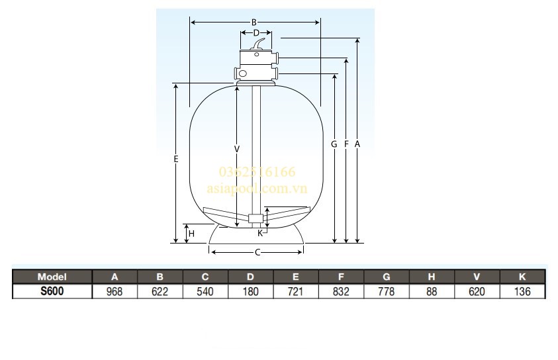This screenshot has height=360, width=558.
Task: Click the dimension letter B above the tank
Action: tap(254, 22)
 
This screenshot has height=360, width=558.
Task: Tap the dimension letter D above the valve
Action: tap(256, 32)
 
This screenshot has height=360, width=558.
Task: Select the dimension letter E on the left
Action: tap(175, 159)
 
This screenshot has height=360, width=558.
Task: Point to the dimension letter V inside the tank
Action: tap(236, 148)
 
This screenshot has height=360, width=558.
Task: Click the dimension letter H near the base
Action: tap(191, 234)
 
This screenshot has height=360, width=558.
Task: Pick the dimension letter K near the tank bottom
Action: tap(260, 232)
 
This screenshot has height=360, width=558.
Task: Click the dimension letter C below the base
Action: tap(257, 252)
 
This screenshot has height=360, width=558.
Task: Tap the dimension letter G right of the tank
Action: tap(334, 144)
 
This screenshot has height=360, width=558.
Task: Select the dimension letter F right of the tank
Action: tap(346, 144)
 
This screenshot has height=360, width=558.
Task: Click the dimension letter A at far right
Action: tap(357, 144)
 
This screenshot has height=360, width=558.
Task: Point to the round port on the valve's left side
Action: tap(243, 73)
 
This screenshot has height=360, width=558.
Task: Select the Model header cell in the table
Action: tap(52, 277)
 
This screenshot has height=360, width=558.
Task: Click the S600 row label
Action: tap(52, 291)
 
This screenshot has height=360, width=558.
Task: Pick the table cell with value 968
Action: tap(115, 291)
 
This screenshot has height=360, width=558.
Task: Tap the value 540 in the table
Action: tap(205, 291)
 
